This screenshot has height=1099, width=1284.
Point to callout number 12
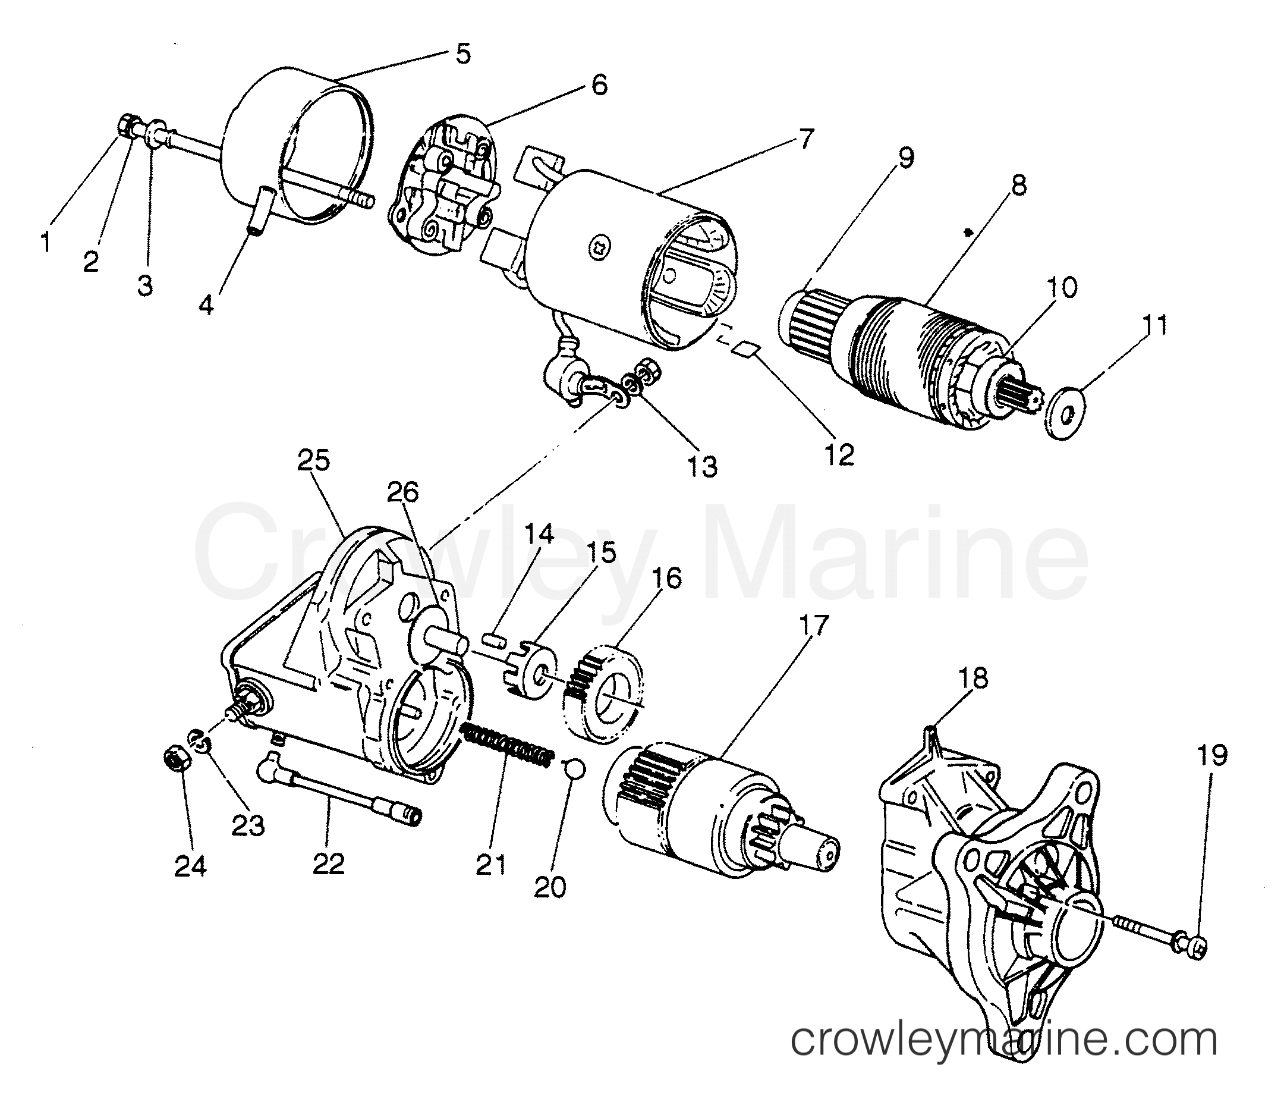tap(839, 454)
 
